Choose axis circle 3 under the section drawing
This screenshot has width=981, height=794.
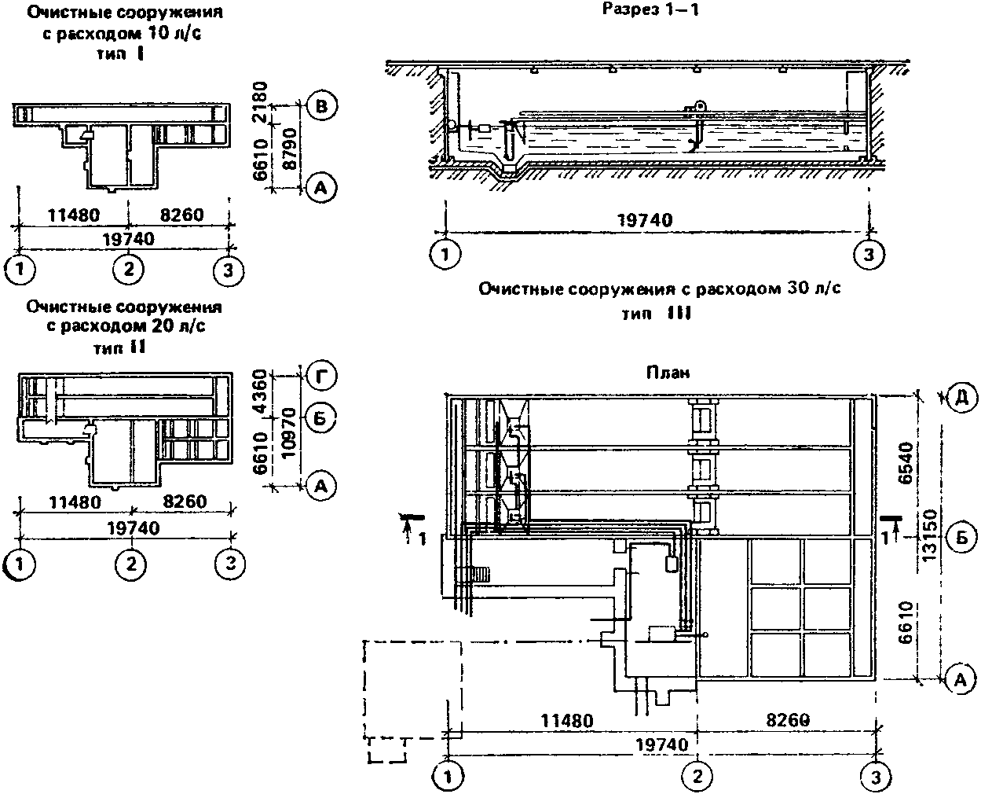coord(867,254)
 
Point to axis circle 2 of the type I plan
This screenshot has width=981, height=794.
coord(128,270)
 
